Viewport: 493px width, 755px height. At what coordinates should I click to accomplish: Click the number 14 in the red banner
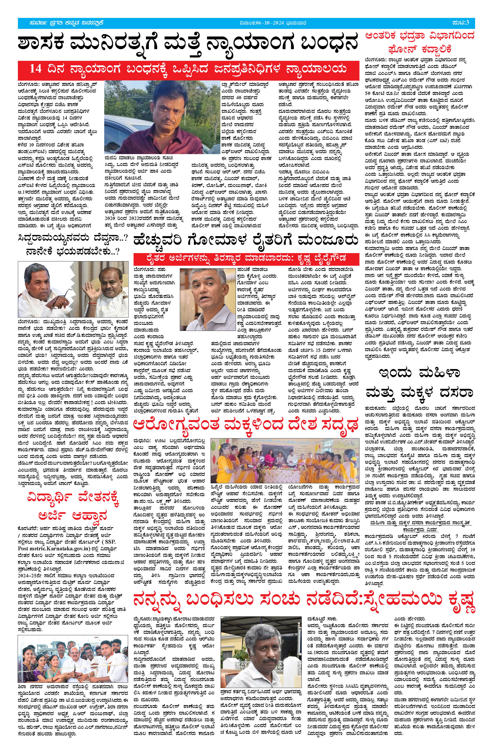[x=36, y=69]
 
